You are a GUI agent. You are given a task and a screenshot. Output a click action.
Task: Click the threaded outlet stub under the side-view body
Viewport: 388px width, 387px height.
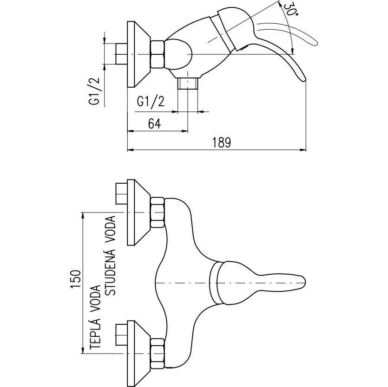pos(188,84)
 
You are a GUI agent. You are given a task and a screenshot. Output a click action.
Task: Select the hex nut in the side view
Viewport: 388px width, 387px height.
pos(158,54)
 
